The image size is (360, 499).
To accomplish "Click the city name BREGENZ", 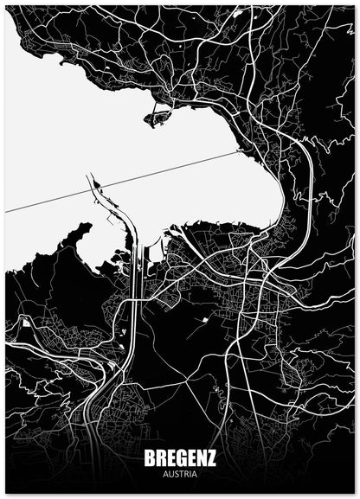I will (180, 459).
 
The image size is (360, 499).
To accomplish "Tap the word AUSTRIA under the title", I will (180, 474).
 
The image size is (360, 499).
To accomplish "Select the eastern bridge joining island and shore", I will (170, 111).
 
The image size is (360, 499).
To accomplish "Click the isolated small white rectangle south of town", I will (206, 320).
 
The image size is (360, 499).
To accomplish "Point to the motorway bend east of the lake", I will (308, 164).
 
